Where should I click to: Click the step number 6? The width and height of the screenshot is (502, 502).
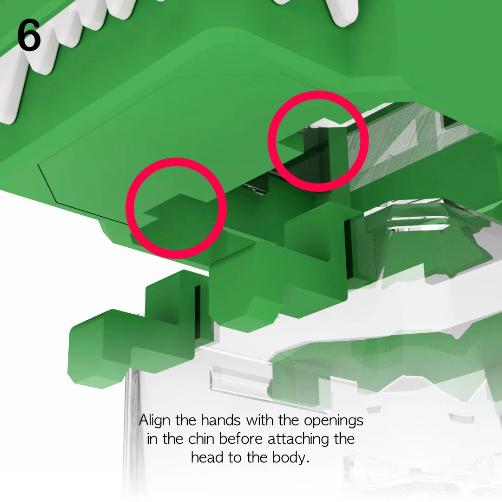[x=29, y=35]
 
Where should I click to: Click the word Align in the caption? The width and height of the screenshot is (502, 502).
[x=155, y=421]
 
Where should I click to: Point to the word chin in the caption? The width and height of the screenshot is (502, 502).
[x=201, y=439]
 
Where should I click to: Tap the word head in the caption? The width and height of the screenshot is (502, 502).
[x=207, y=457]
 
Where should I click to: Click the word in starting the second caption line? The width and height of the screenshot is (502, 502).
[x=152, y=439]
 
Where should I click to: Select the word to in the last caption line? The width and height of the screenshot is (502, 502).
[x=235, y=458]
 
